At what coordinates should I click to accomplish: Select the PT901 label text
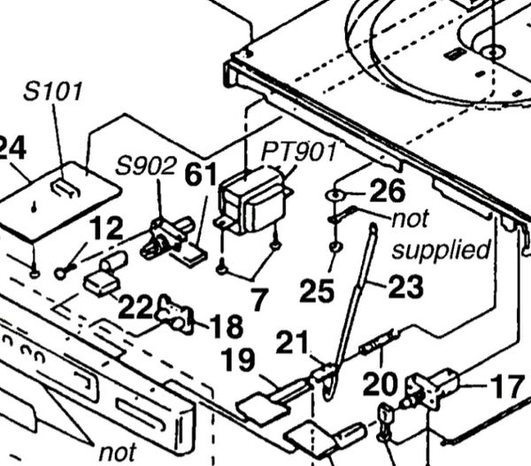[298, 151]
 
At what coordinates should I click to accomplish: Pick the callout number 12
[105, 229]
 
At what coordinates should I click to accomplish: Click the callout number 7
[258, 300]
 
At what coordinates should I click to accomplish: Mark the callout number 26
[387, 190]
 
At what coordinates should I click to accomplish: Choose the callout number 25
[316, 290]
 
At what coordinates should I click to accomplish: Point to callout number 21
[293, 342]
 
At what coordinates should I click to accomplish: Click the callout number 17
[506, 387]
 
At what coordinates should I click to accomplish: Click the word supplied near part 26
[441, 249]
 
